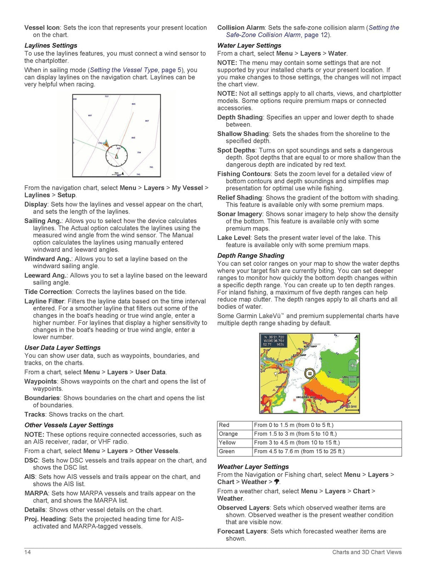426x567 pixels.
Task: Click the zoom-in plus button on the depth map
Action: coord(352,366)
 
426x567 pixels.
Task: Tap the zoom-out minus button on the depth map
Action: coord(352,381)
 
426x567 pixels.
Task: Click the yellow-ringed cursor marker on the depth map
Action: coord(309,373)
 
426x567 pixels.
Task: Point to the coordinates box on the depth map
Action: coord(274,340)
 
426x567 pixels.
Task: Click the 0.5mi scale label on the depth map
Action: coord(352,407)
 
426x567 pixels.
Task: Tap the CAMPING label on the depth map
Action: coord(281,387)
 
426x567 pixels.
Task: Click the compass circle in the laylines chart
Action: coord(116,156)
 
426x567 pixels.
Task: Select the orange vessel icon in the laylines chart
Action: coord(106,143)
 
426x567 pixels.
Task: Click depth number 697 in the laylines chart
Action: coord(90,115)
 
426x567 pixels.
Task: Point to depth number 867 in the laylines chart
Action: coord(147,121)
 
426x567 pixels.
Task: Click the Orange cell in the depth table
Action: coord(228,434)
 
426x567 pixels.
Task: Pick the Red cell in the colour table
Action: coord(224,425)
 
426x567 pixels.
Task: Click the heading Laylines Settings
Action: coord(51,45)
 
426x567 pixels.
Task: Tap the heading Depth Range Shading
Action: coord(251,256)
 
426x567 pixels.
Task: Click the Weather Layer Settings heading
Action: coord(253,467)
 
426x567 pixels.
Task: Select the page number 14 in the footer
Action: coord(27,552)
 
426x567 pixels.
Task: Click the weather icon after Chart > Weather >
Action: coord(277,482)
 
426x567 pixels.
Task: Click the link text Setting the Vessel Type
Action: coord(124,70)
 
